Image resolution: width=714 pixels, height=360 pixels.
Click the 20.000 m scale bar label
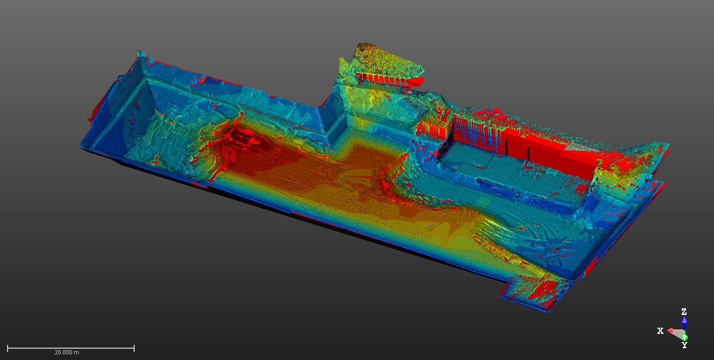tap(67, 352)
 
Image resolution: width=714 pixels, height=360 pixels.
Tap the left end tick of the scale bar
tap(8, 348)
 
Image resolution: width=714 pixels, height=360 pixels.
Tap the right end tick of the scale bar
tap(134, 348)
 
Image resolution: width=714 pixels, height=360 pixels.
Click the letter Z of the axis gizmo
tap(684, 312)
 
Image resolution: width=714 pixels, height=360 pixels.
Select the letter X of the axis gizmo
tap(660, 331)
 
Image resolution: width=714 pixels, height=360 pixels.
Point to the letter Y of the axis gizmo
tap(684, 345)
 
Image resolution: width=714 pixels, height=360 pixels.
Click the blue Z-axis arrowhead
tap(684, 320)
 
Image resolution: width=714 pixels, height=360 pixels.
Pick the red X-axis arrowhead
tap(671, 331)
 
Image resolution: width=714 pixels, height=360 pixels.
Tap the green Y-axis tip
tap(684, 338)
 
